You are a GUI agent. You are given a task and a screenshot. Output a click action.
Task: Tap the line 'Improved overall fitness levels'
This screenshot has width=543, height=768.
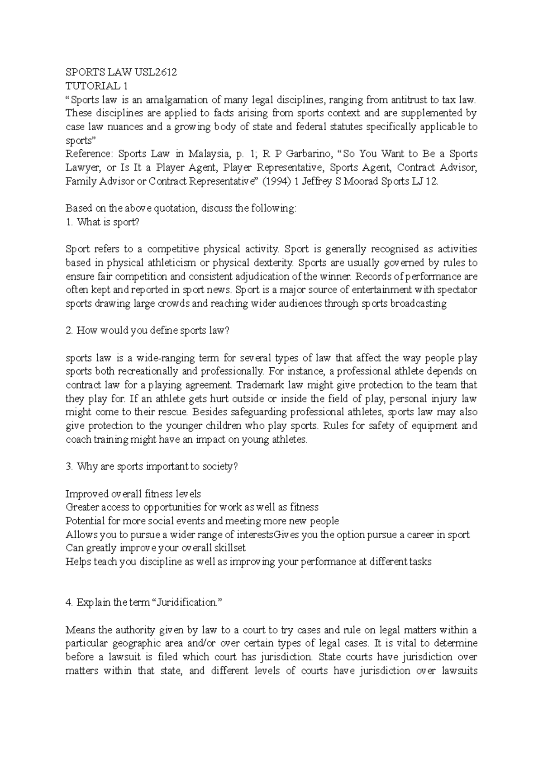coord(133,493)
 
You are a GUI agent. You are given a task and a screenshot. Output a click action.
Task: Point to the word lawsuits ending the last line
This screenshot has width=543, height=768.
coord(457,670)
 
